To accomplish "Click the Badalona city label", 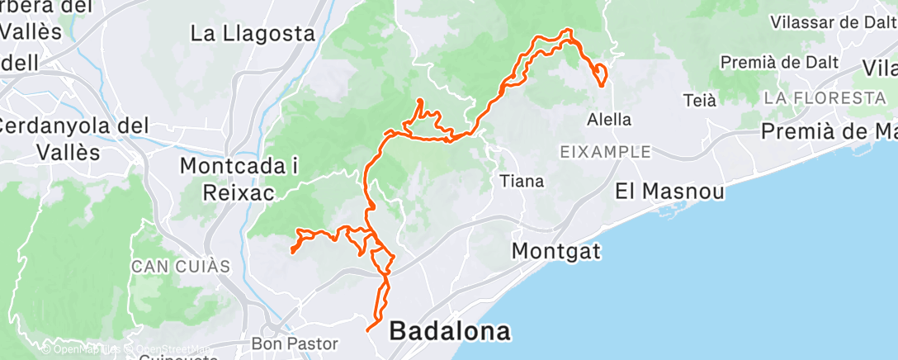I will [x=450, y=331].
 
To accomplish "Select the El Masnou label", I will [x=670, y=192].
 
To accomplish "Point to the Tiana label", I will [x=522, y=181].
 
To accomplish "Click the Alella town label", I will [x=609, y=119].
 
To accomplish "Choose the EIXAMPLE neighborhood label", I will [x=605, y=152].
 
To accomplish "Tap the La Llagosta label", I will [x=253, y=34].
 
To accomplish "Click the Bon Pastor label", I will [x=284, y=342].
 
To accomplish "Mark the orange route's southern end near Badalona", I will [x=367, y=329].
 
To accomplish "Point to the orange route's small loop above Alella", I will [x=601, y=74].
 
